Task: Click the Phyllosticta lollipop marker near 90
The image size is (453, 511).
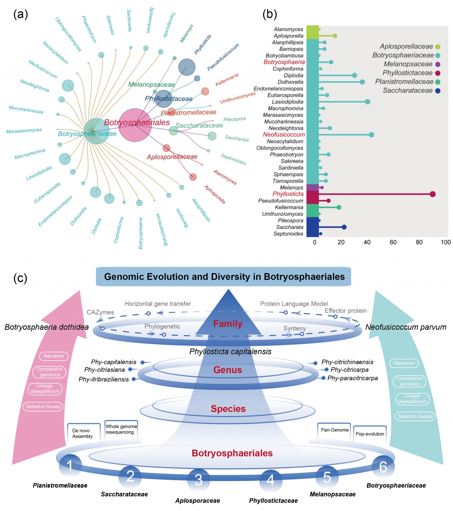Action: (432, 194)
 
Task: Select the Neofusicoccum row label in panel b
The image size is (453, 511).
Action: (284, 135)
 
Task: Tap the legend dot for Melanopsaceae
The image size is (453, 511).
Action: (438, 64)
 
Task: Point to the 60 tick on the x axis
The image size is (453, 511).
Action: (393, 242)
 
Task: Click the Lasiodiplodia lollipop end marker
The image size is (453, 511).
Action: (367, 102)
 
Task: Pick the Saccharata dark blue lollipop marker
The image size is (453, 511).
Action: (344, 227)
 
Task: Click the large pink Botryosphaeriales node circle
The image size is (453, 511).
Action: (135, 125)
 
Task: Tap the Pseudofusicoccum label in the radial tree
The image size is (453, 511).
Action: (223, 57)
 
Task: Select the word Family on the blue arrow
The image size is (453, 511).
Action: (228, 324)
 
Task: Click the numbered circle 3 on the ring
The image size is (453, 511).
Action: (199, 479)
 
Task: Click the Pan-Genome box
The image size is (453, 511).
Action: (334, 430)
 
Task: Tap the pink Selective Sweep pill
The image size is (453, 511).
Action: (43, 407)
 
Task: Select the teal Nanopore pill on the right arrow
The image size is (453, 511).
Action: (404, 363)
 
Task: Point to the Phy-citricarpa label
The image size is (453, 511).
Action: (350, 370)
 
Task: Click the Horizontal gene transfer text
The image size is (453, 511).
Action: (157, 304)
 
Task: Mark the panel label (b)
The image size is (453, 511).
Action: (270, 14)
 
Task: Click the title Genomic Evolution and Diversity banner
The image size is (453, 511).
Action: (224, 277)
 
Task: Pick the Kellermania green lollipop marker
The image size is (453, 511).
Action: (339, 207)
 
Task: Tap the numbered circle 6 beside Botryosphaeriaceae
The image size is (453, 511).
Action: (383, 467)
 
